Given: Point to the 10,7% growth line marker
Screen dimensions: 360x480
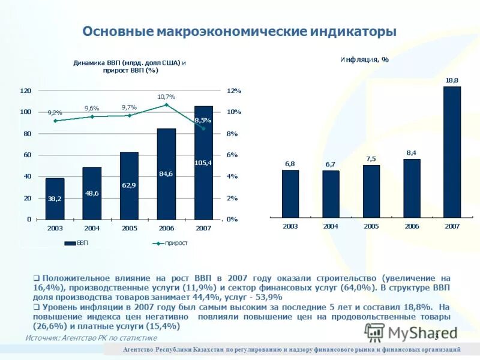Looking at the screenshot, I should (x=166, y=105).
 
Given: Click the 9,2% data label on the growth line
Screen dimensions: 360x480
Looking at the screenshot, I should (x=55, y=113).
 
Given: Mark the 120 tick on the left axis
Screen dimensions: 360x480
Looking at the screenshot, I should (x=26, y=91).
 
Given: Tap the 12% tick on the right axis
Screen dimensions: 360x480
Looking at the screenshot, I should (x=233, y=91).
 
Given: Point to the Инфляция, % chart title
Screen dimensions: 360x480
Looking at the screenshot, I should (x=365, y=59).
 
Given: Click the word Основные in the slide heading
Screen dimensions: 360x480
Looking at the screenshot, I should (x=117, y=31).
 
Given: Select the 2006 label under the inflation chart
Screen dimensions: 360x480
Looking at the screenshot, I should (x=412, y=226).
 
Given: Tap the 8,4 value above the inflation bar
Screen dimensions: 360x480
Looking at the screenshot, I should (x=412, y=153).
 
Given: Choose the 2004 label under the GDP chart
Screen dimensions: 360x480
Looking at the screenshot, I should (x=92, y=227).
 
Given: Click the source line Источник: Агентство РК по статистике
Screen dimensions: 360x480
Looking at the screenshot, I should (x=91, y=338).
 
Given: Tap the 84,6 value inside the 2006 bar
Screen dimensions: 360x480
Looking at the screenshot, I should (x=166, y=174).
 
